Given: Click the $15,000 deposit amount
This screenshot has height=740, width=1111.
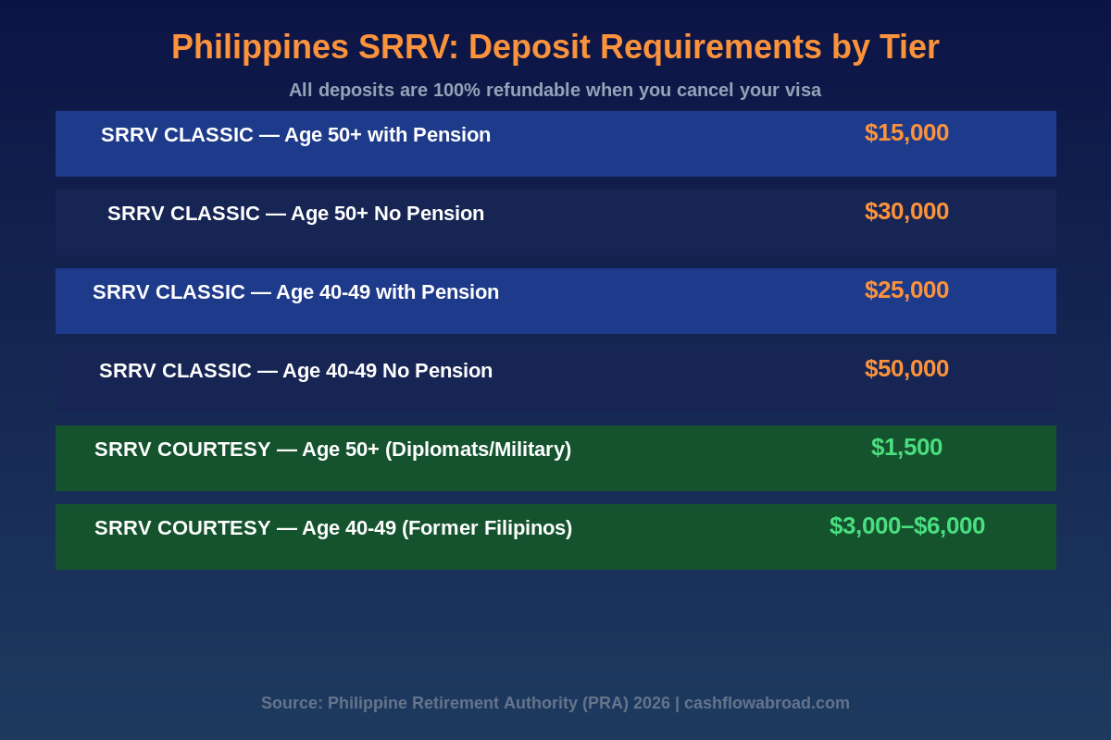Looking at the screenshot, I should pyautogui.click(x=906, y=132).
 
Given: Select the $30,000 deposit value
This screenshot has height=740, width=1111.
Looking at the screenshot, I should pyautogui.click(x=906, y=211).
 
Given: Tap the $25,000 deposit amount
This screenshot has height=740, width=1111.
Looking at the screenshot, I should pyautogui.click(x=906, y=290).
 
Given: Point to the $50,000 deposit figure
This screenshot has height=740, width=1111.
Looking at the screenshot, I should pyautogui.click(x=906, y=368).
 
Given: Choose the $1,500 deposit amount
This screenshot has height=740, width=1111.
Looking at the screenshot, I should pyautogui.click(x=906, y=447).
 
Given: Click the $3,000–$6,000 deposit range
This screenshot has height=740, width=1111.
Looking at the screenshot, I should pyautogui.click(x=906, y=525).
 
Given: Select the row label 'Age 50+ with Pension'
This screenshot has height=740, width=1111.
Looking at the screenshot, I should pyautogui.click(x=295, y=135).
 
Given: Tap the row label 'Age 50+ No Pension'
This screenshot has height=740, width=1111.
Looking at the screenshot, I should pyautogui.click(x=295, y=214).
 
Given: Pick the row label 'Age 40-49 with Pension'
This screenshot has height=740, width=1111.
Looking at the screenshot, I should pyautogui.click(x=295, y=292).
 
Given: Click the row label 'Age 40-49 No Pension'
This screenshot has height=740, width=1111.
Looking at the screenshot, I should pyautogui.click(x=295, y=371).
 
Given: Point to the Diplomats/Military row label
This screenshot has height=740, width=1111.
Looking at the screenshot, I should pyautogui.click(x=332, y=450).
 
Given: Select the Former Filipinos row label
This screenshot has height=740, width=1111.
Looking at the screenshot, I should pyautogui.click(x=333, y=528).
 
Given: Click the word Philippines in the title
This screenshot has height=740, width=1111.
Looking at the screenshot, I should pyautogui.click(x=259, y=47).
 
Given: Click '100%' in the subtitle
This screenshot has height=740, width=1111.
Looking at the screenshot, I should pyautogui.click(x=456, y=91).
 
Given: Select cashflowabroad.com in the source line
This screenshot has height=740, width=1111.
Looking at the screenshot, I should pyautogui.click(x=767, y=703).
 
